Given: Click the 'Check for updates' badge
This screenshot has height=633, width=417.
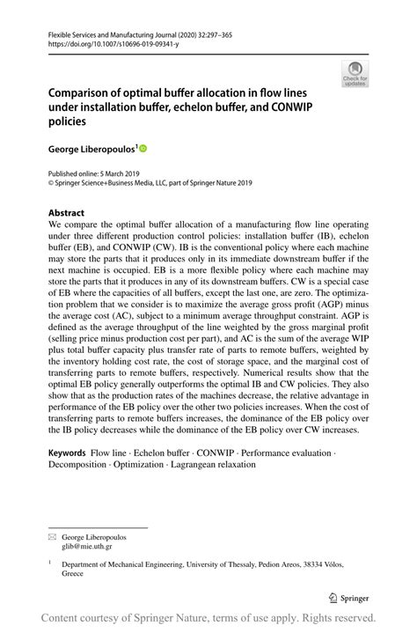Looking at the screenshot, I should click(355, 73).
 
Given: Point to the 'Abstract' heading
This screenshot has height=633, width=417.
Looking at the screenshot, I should click(67, 213).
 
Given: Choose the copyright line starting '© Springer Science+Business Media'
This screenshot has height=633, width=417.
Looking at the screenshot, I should click(150, 183).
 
